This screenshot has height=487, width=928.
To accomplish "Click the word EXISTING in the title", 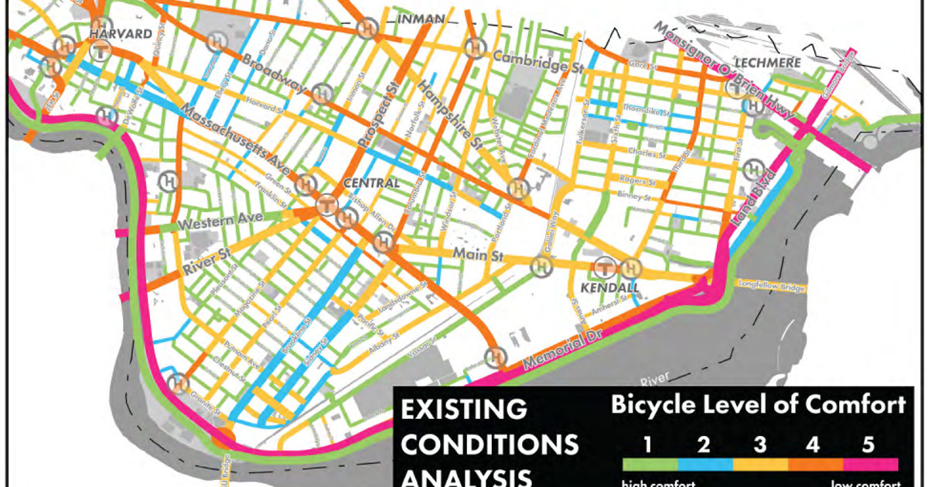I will coord(462,410).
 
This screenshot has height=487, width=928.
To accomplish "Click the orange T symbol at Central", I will coord(327,206).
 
